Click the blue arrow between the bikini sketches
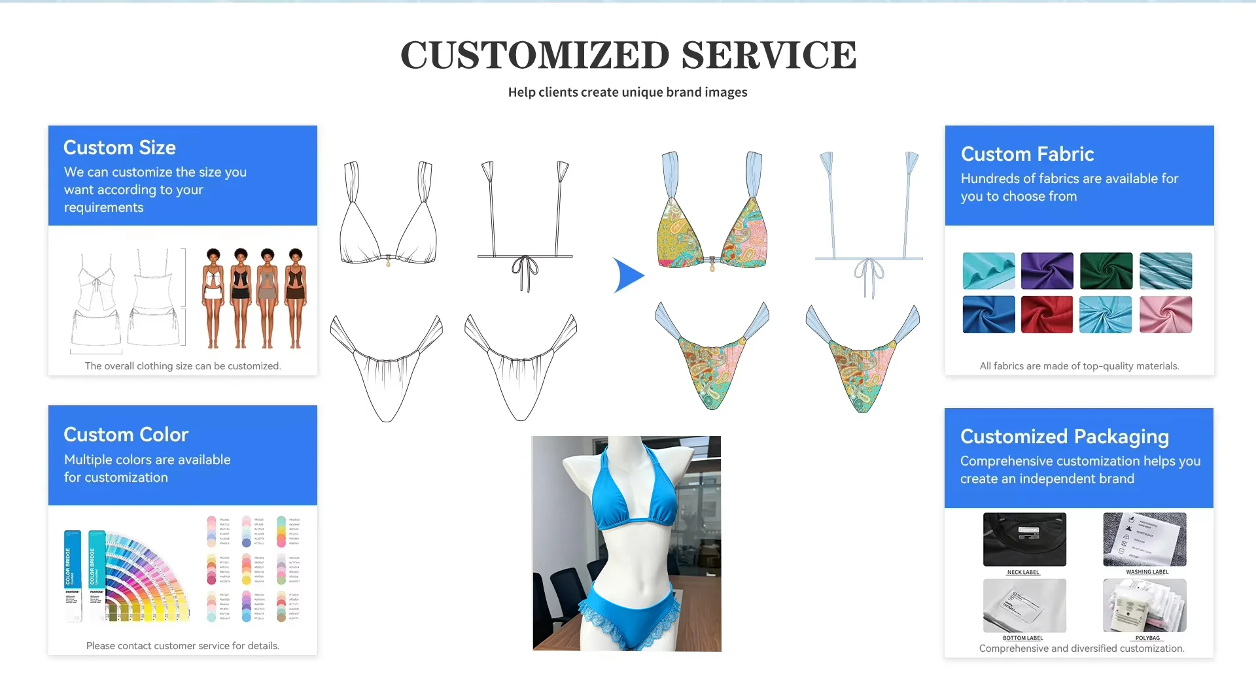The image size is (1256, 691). coord(628,275)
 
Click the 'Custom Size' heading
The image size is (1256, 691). coord(120,148)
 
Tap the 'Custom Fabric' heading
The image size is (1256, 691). coord(1027,154)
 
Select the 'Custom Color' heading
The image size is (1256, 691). coord(126,435)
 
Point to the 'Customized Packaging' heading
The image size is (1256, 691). coord(1064,437)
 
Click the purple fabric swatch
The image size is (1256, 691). coord(1047,271)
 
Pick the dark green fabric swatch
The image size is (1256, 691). coord(1106,271)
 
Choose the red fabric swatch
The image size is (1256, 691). coord(1047,314)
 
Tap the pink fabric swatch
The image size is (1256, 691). coord(1166,314)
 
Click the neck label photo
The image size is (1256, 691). coord(1024,539)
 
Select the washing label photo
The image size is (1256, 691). coord(1144,539)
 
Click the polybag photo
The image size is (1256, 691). coord(1144,605)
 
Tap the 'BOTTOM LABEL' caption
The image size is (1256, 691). coord(1022,638)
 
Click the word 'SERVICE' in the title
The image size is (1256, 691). coord(769,55)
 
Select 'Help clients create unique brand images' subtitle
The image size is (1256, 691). coord(627,92)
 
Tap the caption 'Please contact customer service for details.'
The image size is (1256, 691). coord(183,646)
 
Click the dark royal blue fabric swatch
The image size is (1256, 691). coord(988,314)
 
